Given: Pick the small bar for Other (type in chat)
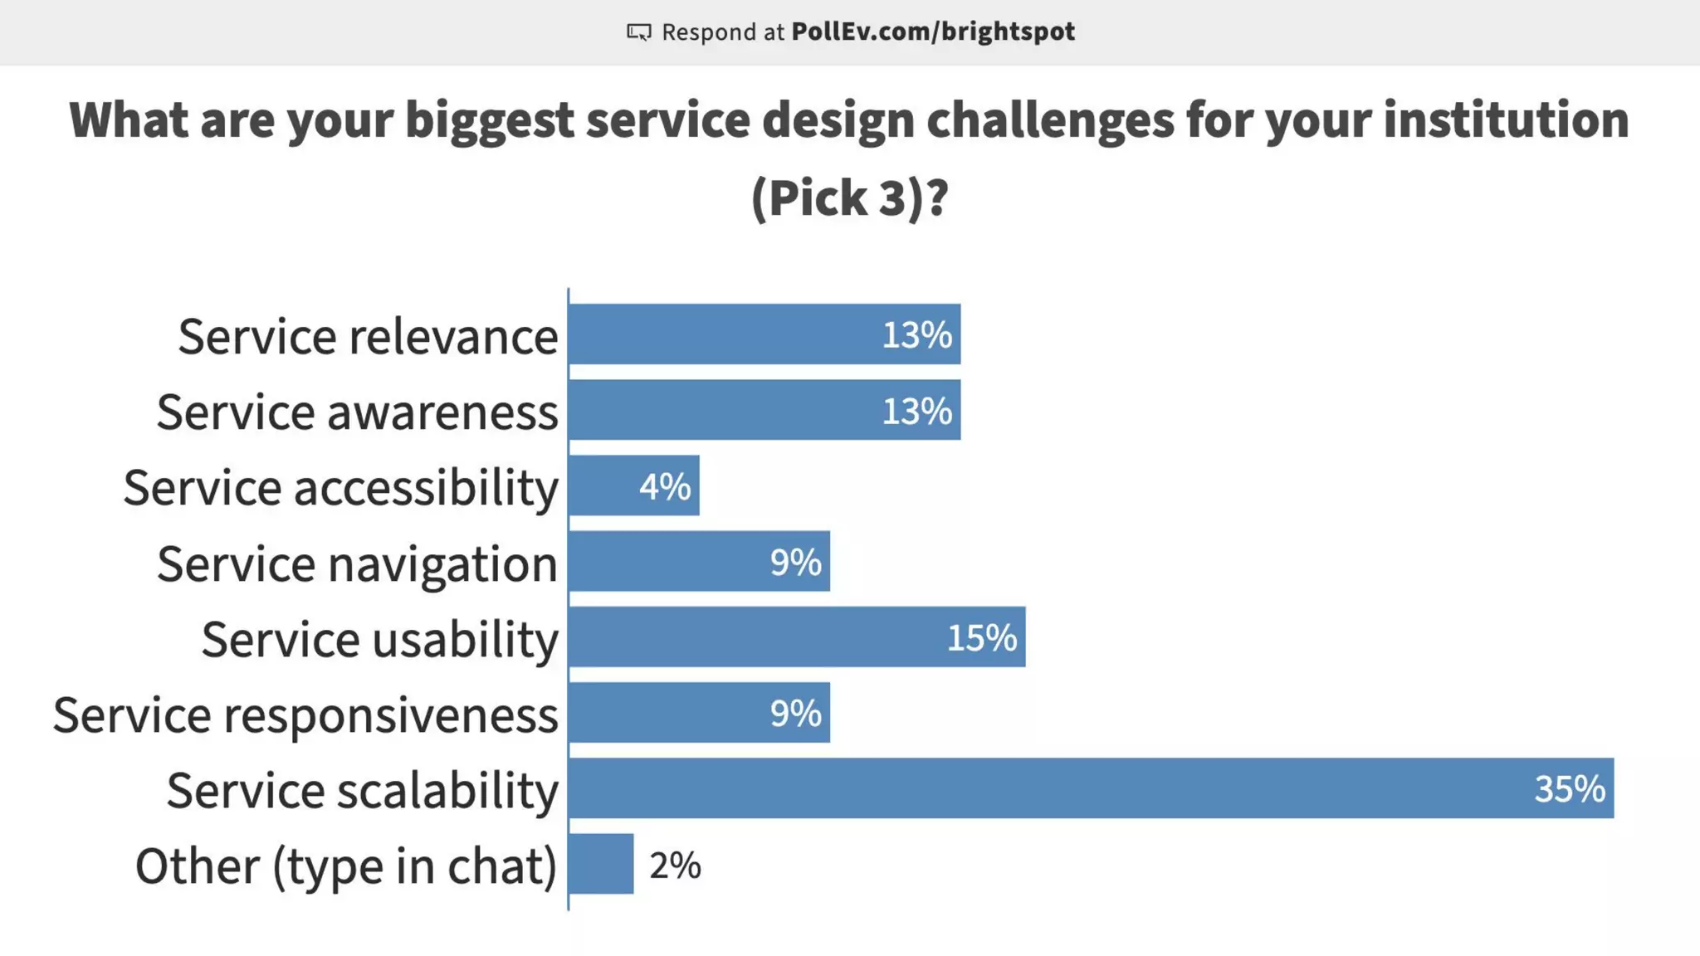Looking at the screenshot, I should (602, 864).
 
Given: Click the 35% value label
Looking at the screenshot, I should (1569, 788).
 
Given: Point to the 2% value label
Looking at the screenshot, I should (675, 866).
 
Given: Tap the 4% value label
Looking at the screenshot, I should (665, 486).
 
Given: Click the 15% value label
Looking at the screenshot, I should (981, 637).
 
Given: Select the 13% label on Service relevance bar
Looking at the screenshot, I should (916, 334).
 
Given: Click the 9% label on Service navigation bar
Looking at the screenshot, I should (795, 562).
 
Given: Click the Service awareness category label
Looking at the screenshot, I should (357, 412).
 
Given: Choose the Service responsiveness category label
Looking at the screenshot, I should (305, 715).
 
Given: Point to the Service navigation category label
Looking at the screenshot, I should (357, 563).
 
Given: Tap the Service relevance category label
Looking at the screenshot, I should (368, 336).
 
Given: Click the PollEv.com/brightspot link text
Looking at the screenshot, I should (932, 32).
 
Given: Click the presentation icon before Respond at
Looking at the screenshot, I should (638, 32).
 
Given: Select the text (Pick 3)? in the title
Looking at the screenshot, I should (849, 198).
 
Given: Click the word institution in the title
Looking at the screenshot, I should (1506, 119).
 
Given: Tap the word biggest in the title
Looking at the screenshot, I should (489, 119).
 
